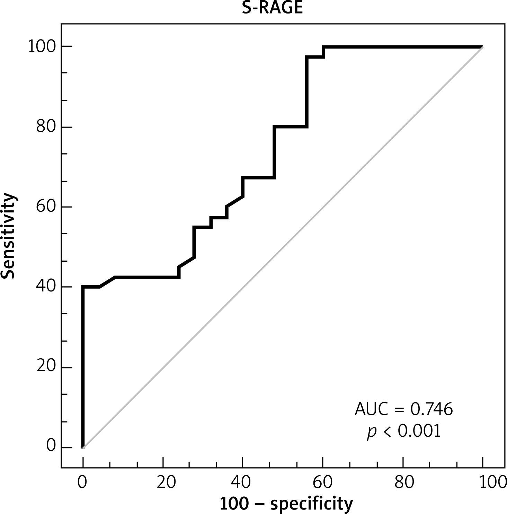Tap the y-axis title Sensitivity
[9, 236]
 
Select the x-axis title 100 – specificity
[286, 504]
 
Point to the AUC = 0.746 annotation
[404, 409]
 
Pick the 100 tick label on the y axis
[42, 47]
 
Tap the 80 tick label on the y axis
[46, 127]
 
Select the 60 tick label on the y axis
[46, 207]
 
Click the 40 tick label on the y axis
[46, 287]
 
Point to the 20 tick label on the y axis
[46, 367]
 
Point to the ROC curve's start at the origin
[83, 447]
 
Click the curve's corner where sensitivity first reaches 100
[323, 47]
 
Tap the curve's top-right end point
[483, 47]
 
